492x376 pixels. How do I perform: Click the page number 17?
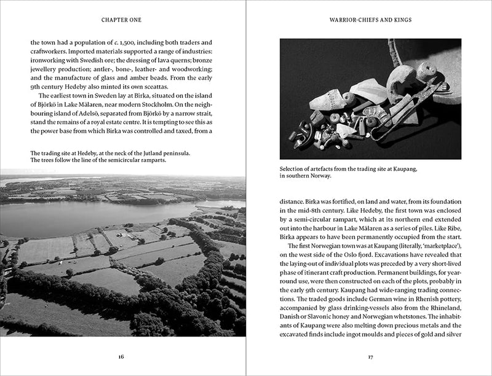(370, 356)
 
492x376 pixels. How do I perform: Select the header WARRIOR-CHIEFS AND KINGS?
(370, 20)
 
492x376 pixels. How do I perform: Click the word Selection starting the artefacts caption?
(294, 168)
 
